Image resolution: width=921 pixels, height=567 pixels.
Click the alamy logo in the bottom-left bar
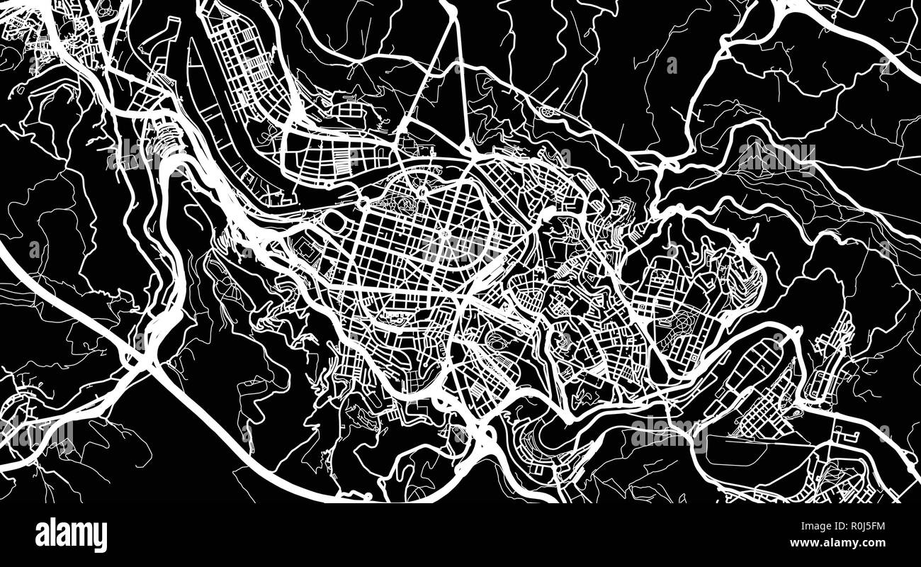point(71,534)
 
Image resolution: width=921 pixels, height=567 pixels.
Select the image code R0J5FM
point(857,525)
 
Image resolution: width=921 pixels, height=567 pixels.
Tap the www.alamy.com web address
point(843,543)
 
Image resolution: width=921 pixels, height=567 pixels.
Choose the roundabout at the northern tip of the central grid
point(468,148)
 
